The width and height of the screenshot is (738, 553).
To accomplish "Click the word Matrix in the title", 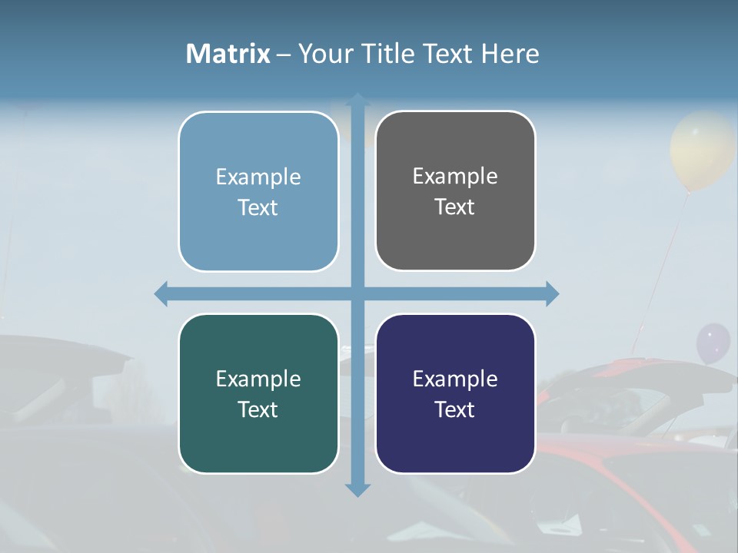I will click(228, 54).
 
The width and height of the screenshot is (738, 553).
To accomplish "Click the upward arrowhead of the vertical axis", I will click(357, 100).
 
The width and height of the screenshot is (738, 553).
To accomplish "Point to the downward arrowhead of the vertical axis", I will click(357, 489).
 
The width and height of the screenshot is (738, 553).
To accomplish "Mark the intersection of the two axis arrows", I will click(357, 293).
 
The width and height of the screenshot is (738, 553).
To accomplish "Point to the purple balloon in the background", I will click(713, 343).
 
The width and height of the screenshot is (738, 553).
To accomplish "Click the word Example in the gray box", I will click(455, 177).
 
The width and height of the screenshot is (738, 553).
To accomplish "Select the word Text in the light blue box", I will click(258, 208).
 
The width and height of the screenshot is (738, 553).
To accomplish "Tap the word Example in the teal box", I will click(258, 379).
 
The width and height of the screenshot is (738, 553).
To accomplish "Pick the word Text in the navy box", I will click(455, 410).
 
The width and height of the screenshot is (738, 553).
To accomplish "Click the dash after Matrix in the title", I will click(284, 55).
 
